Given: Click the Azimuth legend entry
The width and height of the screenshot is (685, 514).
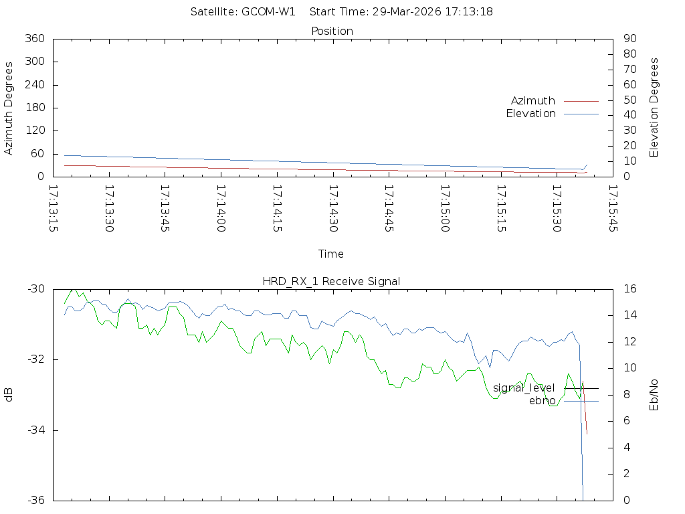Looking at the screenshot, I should (x=533, y=100).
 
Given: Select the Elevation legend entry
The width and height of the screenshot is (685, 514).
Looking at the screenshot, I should (x=530, y=114).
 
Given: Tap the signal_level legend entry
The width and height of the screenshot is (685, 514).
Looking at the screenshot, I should (x=524, y=388).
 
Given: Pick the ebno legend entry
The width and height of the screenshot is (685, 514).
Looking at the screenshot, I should (x=542, y=401).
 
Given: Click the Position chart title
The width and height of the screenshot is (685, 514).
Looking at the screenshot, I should (x=332, y=31).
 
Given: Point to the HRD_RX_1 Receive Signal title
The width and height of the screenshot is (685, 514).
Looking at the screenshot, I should (x=331, y=281).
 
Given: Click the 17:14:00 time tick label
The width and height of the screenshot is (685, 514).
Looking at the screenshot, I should (x=221, y=209).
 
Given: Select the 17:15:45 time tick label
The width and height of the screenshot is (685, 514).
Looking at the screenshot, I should (x=611, y=209).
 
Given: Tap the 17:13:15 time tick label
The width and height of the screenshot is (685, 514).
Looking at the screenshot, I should (x=54, y=209).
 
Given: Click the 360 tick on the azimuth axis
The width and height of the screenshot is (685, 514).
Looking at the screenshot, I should (x=35, y=39).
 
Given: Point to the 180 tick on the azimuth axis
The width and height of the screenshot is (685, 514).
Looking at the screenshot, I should (x=35, y=108).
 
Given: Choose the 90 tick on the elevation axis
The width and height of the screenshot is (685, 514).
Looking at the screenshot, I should (x=629, y=39).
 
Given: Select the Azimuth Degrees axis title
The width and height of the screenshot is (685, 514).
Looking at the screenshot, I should (x=9, y=108).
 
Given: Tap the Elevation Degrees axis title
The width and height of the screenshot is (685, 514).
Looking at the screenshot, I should (x=655, y=108).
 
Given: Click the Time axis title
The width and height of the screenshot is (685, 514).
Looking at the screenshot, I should (x=331, y=254).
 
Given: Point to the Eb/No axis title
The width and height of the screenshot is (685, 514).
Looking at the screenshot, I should (x=655, y=395).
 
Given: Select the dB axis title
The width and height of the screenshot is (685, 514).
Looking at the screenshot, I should (x=9, y=395).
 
